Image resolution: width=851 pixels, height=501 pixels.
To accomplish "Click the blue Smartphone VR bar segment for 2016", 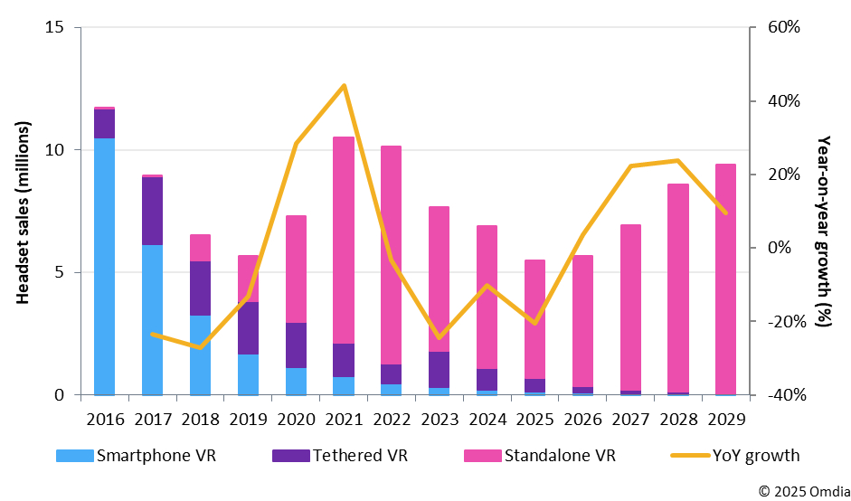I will (104, 267).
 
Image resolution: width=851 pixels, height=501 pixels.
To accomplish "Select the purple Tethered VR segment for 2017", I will (152, 211).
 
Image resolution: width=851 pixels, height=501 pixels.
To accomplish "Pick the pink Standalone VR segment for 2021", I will (344, 240).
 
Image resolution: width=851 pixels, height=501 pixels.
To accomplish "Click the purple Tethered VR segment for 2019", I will (248, 328).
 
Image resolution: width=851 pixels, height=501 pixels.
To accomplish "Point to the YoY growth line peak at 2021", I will (344, 86).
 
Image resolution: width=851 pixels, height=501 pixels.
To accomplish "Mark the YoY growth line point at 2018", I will (200, 347).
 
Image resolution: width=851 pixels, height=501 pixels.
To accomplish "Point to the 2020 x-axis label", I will (296, 420).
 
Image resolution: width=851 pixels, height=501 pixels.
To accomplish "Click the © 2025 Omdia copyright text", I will (799, 490).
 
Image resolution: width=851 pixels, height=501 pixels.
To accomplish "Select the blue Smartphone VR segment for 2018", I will (200, 354).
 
